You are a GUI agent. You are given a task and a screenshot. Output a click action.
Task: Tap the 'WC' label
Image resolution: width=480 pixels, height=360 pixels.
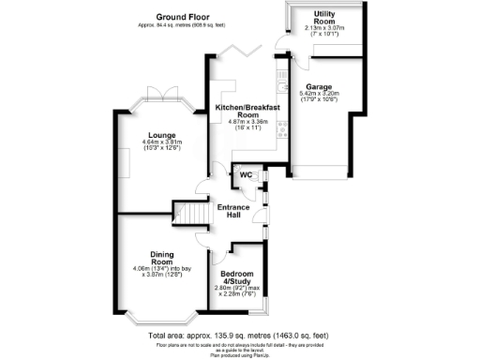click(246, 175)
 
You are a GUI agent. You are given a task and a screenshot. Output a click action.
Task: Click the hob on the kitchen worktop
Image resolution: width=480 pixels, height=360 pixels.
click(282, 131)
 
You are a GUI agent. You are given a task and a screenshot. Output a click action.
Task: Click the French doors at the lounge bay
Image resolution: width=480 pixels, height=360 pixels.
click(154, 95)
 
